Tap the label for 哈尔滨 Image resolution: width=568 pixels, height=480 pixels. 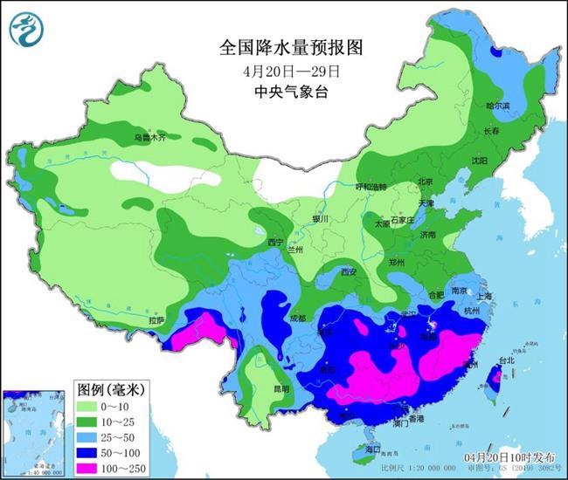click(x=497, y=106)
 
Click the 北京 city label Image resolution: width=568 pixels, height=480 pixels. click(x=426, y=182)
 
